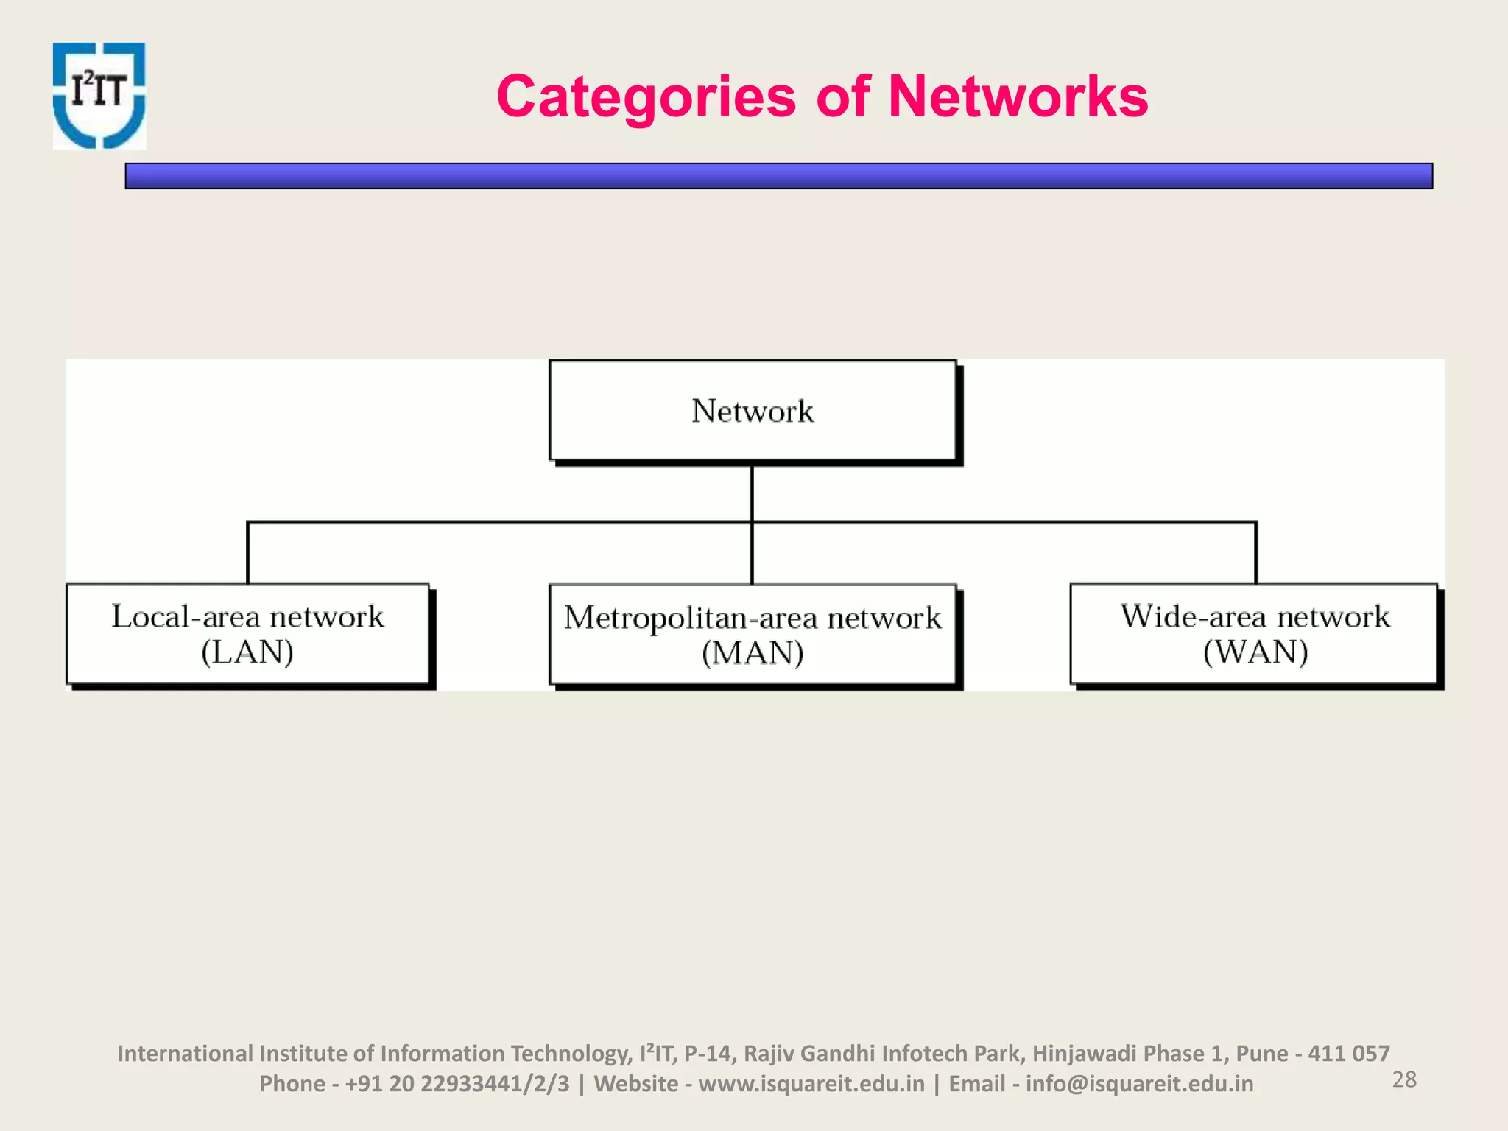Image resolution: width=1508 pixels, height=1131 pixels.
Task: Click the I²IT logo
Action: coord(99,96)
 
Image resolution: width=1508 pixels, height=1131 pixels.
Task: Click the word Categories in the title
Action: coord(646,96)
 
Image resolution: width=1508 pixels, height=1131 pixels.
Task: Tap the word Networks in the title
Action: coord(1018,96)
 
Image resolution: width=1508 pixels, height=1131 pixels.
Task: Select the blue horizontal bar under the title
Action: coord(778,176)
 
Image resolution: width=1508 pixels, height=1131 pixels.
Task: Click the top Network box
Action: coord(753,411)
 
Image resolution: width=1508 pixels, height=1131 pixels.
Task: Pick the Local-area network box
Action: coord(247,634)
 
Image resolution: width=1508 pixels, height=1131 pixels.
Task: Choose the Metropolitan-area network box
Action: coord(753,634)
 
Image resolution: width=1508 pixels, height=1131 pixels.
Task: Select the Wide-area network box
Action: coord(1254,634)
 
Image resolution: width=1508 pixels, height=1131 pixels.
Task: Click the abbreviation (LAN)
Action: coord(247,652)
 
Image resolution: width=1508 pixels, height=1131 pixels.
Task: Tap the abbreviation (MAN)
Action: coord(753,653)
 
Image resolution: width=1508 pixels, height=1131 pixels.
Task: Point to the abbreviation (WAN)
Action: coord(1255,652)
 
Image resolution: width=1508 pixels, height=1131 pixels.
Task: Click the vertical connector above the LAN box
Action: coord(247,553)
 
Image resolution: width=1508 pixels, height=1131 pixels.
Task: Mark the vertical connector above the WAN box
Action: coord(1255,553)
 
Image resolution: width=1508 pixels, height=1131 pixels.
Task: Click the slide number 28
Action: coord(1404,1079)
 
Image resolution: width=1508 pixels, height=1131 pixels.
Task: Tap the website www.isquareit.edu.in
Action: coord(811,1084)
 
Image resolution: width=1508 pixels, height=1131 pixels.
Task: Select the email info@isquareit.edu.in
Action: coord(1139,1084)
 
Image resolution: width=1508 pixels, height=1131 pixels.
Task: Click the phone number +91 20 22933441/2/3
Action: coord(457,1084)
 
